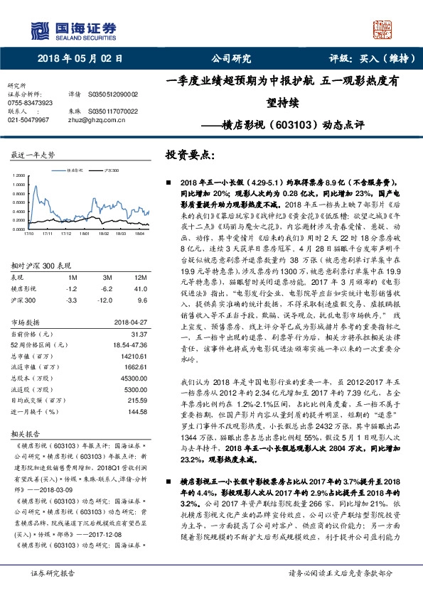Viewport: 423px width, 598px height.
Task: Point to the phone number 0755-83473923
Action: tap(30, 103)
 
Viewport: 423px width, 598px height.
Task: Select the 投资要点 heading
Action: tap(189, 154)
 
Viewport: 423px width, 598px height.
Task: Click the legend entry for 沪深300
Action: tap(109, 171)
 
